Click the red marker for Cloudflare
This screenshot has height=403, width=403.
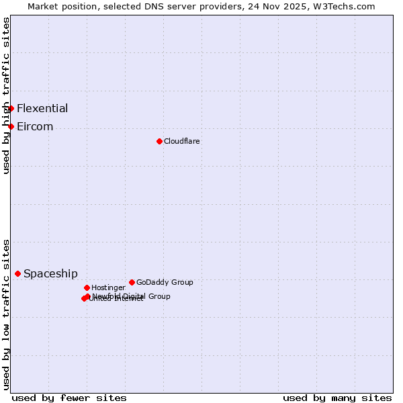point(159,141)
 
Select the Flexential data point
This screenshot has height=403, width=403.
point(11,108)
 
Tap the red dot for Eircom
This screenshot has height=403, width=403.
point(11,126)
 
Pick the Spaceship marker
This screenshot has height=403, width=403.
point(17,273)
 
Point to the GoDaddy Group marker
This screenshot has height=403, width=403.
point(132,282)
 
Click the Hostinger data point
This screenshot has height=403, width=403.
point(87,287)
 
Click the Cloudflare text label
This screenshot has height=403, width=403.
point(181,141)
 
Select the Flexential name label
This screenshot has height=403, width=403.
point(42,108)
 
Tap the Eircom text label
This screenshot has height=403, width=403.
point(35,126)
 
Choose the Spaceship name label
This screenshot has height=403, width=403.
point(50,273)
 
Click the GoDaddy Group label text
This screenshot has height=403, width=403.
point(165,282)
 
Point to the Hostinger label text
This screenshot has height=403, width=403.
point(108,287)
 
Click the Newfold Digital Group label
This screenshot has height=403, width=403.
point(131,296)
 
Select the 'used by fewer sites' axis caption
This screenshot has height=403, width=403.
point(69,398)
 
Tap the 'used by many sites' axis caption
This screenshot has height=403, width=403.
point(337,398)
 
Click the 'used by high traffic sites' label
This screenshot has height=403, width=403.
point(7,95)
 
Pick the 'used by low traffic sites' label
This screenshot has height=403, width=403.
point(7,314)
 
